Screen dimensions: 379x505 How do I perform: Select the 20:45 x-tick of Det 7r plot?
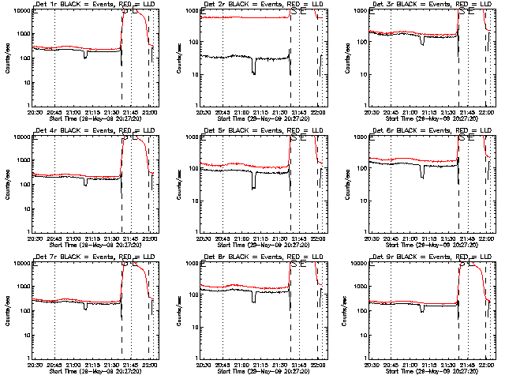click(x=54, y=364)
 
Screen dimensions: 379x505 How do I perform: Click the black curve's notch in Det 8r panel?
click(x=253, y=299)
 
